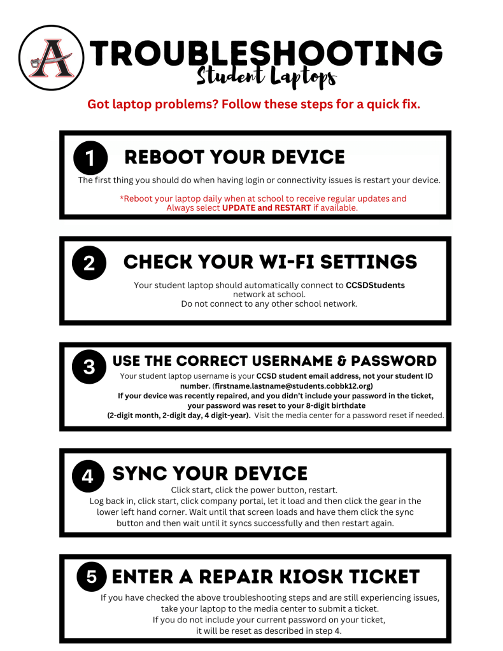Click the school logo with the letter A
coord(51,58)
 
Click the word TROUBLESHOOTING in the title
coord(266,53)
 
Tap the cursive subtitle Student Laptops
coord(266,77)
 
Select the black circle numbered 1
coord(90,158)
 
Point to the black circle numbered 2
coord(89,263)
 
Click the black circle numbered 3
coord(89,367)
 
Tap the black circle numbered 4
coord(88,476)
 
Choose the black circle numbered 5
coord(92,577)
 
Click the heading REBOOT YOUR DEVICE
coord(235,157)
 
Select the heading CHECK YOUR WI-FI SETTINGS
coord(271,262)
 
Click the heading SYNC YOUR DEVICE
coord(209,473)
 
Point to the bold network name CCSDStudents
coord(375,285)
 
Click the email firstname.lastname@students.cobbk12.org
coord(293,386)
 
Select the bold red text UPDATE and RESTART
coord(266,207)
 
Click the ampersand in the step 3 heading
coord(342,361)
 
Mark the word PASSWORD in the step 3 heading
coord(393,361)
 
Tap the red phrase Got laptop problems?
coord(153,104)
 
